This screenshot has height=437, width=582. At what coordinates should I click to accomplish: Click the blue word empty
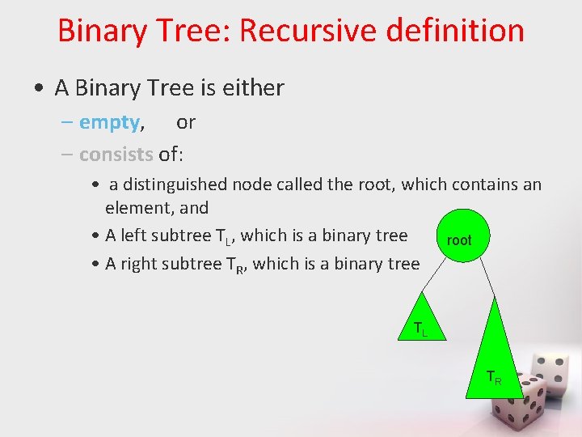pyautogui.click(x=109, y=122)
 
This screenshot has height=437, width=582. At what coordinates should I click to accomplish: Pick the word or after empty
pyautogui.click(x=186, y=122)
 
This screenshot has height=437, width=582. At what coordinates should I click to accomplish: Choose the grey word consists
pyautogui.click(x=116, y=154)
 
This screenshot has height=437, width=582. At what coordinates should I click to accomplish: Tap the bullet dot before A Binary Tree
pyautogui.click(x=39, y=87)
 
